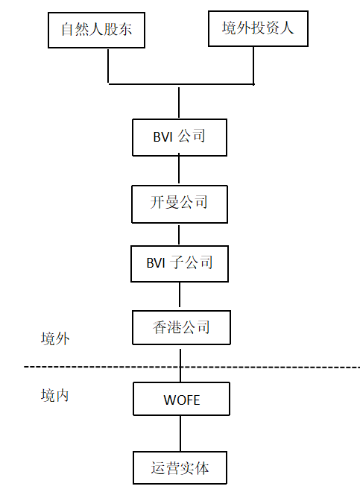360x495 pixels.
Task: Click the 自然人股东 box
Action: pyautogui.click(x=96, y=31)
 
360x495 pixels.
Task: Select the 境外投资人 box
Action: pyautogui.click(x=258, y=29)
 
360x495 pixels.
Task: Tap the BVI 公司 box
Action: pyautogui.click(x=180, y=137)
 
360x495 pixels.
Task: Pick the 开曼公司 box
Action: pyautogui.click(x=180, y=204)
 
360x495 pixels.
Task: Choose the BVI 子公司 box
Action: pyautogui.click(x=180, y=264)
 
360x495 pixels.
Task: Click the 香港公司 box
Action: pyautogui.click(x=181, y=327)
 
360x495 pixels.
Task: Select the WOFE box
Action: pyautogui.click(x=181, y=399)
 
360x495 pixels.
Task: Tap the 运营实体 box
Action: pyautogui.click(x=180, y=468)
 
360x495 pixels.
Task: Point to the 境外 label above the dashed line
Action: pyautogui.click(x=55, y=338)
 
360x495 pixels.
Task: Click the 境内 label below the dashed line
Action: pyautogui.click(x=55, y=395)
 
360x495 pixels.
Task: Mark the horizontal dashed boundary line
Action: pyautogui.click(x=192, y=367)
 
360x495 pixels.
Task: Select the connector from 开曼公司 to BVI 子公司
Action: pyautogui.click(x=179, y=234)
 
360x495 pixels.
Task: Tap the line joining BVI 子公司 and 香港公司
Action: pyautogui.click(x=180, y=294)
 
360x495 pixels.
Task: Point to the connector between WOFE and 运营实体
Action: pyautogui.click(x=180, y=433)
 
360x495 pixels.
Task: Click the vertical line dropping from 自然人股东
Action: pyautogui.click(x=108, y=66)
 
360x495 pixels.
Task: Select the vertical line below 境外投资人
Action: pyautogui.click(x=253, y=66)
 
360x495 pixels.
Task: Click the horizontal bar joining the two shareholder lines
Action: pyautogui.click(x=181, y=84)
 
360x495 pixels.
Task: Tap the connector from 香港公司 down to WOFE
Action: pyautogui.click(x=180, y=365)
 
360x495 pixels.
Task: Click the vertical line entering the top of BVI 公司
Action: pyautogui.click(x=179, y=102)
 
